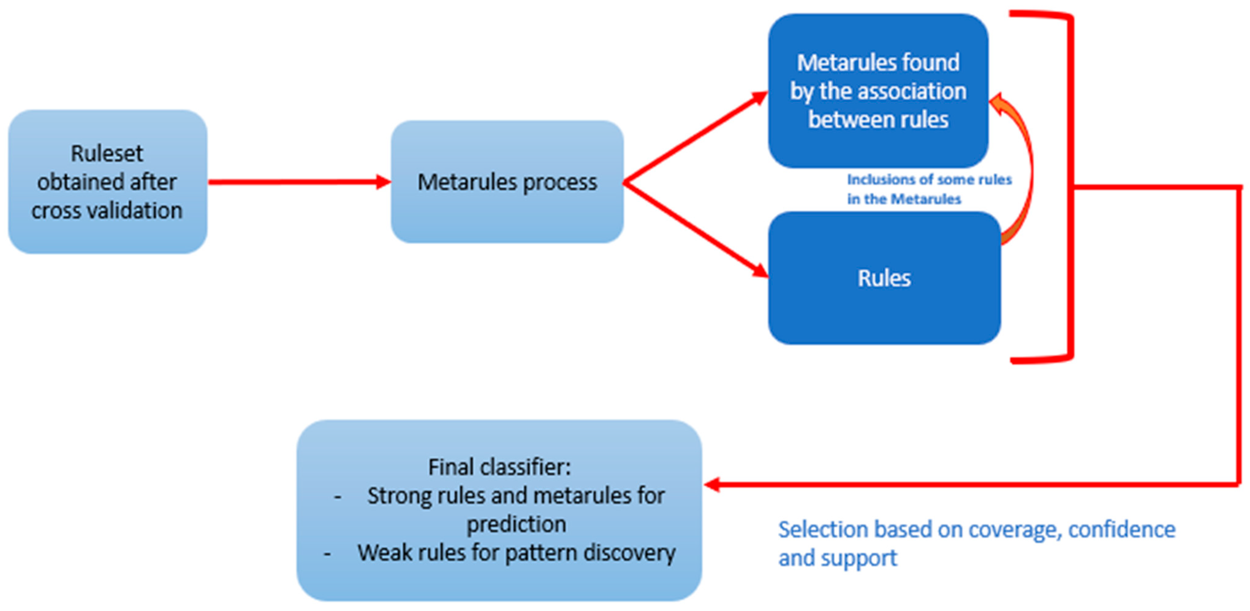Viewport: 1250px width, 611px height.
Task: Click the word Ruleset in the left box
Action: coord(107,154)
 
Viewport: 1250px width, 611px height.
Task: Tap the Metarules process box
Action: coord(507,182)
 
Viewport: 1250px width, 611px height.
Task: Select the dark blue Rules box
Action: coord(884,278)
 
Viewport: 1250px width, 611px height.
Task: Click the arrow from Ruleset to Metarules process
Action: coord(299,182)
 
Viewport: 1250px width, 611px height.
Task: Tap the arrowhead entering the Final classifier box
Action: coord(712,485)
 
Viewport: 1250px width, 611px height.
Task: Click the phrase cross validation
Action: coord(107,210)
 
